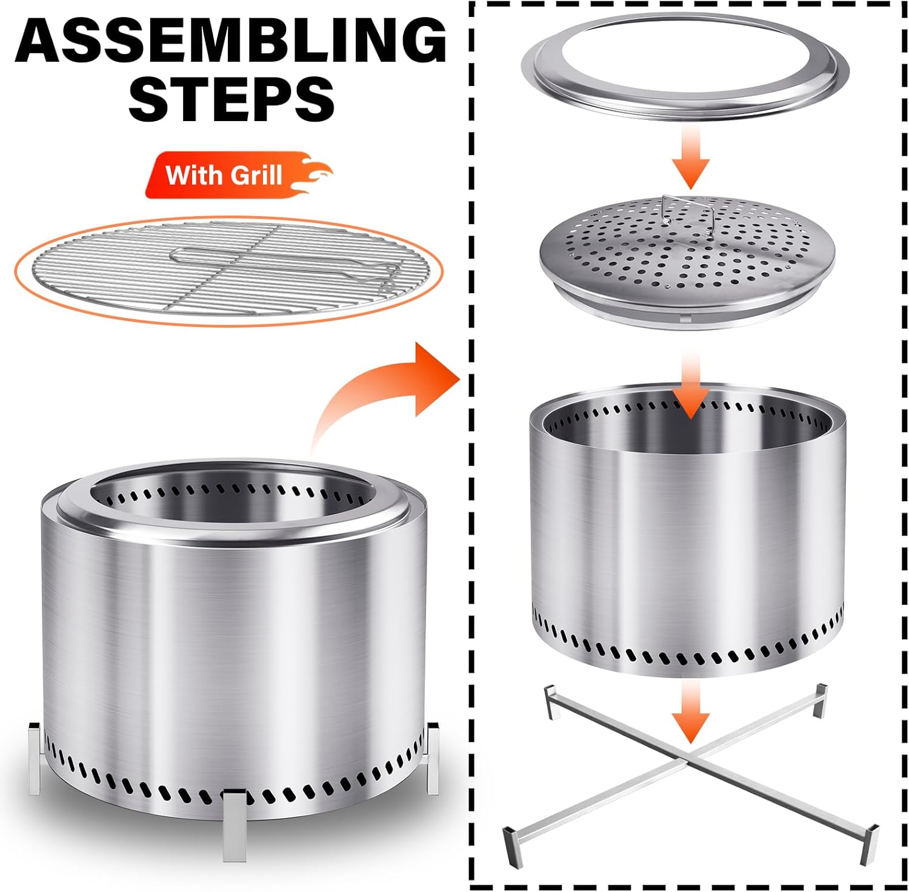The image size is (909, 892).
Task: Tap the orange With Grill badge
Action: pos(236,175)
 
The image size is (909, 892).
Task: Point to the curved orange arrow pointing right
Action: pos(358,400)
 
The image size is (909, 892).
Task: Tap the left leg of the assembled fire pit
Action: pos(36,758)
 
